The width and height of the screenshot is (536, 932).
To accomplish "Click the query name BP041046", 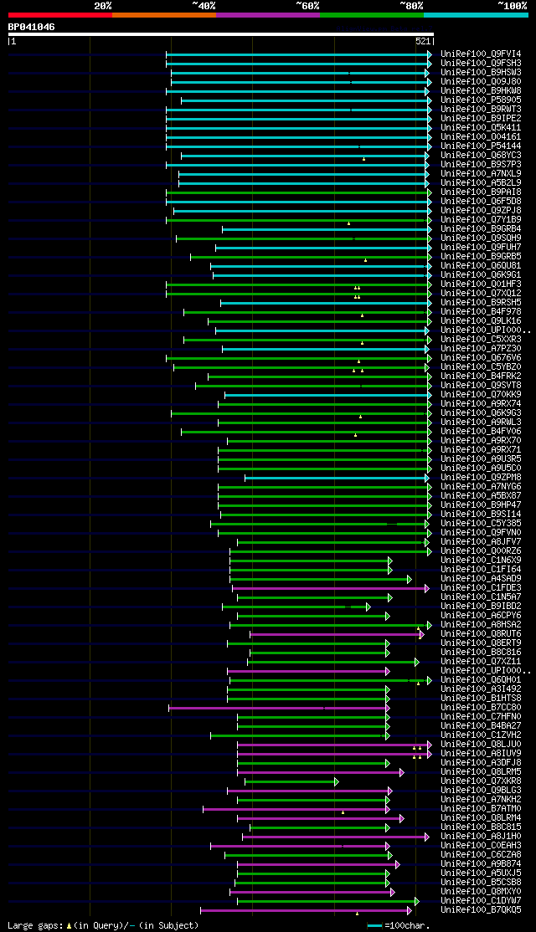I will pyautogui.click(x=32, y=27).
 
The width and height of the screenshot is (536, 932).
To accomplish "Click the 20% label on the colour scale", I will pyautogui.click(x=103, y=5).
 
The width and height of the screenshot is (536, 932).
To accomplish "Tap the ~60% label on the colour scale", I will pyautogui.click(x=307, y=5).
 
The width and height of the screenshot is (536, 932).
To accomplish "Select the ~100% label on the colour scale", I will pyautogui.click(x=512, y=5).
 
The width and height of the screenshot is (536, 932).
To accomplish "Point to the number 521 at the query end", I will pyautogui.click(x=422, y=40).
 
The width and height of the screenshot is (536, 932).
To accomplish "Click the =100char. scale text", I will pyautogui.click(x=408, y=925).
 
